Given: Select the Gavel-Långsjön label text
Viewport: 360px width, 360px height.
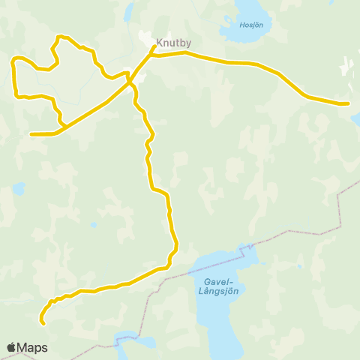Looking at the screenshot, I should (x=217, y=287).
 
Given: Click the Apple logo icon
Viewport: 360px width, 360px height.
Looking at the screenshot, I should (x=11, y=348).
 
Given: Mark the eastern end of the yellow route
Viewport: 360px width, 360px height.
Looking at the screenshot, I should (x=348, y=103).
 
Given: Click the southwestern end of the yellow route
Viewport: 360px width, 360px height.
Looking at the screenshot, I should (x=43, y=323).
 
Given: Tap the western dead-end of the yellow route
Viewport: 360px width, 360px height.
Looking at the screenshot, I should (x=31, y=134).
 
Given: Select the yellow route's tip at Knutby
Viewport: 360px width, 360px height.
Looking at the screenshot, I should (x=154, y=46).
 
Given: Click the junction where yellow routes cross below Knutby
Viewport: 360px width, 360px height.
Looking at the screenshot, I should (x=130, y=80).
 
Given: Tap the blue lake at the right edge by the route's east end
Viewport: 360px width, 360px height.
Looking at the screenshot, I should (x=355, y=118).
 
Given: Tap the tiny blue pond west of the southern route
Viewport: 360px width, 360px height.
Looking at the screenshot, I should (x=93, y=224).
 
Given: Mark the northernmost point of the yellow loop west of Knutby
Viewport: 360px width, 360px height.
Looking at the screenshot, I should (x=60, y=36).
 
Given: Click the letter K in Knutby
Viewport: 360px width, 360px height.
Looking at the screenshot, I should (x=160, y=43).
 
